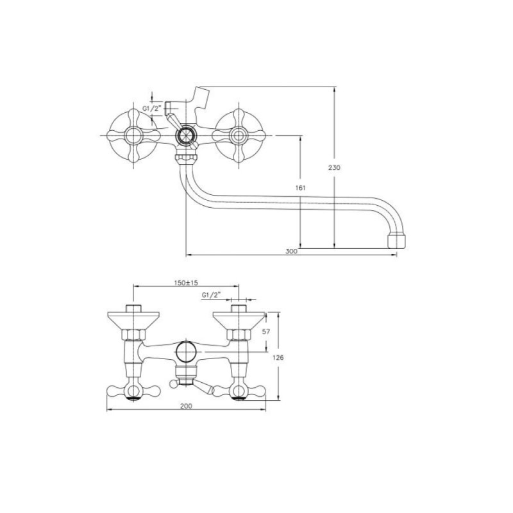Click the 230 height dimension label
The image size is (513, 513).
coord(334,168)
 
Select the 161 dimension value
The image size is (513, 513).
coord(300,188)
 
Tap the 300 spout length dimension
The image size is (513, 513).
coord(291,251)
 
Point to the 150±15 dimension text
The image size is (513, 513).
coord(186,283)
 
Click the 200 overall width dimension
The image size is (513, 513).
coord(186,406)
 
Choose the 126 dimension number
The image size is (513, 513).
coord(278,358)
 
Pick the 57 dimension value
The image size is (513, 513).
coord(266,332)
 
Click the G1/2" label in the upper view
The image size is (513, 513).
coord(152,108)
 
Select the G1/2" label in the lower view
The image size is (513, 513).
coord(212,295)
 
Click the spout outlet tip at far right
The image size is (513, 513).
coord(396,240)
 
